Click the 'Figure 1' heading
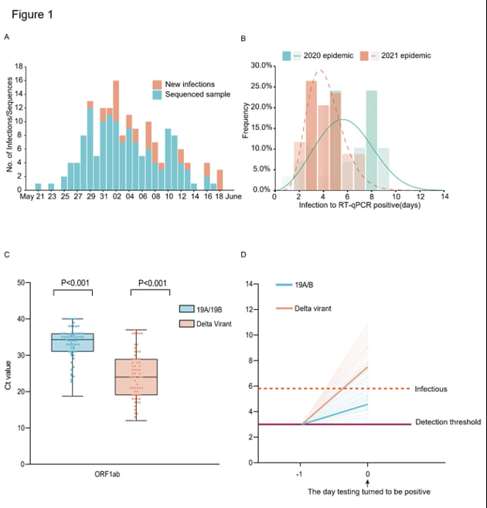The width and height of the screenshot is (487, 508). (32, 14)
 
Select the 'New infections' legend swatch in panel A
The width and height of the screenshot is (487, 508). (156, 84)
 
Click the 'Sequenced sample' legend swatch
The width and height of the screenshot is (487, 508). (156, 94)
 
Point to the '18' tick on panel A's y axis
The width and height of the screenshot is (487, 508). (20, 66)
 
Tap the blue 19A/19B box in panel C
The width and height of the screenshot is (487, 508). (73, 342)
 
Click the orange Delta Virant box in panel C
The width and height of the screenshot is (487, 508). (136, 377)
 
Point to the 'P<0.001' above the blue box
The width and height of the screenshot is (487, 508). (73, 283)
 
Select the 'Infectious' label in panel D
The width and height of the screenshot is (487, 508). (431, 389)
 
